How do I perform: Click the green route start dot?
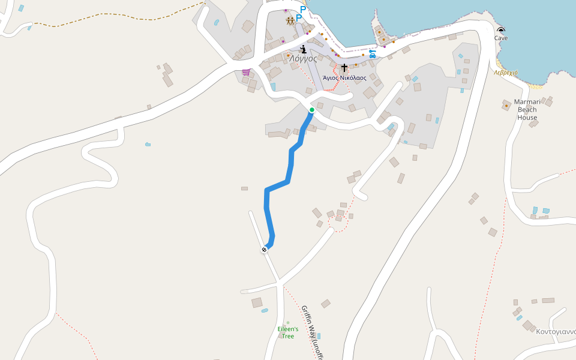click(x=312, y=110)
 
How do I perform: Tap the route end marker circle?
click(x=264, y=249)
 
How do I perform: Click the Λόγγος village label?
click(x=303, y=59)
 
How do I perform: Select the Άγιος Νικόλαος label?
click(x=344, y=78)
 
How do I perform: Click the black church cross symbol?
click(x=344, y=68)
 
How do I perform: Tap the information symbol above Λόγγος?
click(x=304, y=49)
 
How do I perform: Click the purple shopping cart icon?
click(x=246, y=72)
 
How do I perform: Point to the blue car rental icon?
click(x=373, y=54)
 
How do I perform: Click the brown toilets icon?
click(x=291, y=21)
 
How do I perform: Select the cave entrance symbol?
click(x=501, y=30)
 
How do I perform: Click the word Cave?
click(x=501, y=38)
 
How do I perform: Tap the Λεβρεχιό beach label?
click(x=506, y=72)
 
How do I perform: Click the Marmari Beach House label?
click(x=527, y=110)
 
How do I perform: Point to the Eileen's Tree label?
click(x=288, y=332)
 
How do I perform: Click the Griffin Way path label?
click(x=312, y=333)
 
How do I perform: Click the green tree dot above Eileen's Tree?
click(x=288, y=323)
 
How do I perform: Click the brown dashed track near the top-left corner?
click(x=120, y=20)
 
